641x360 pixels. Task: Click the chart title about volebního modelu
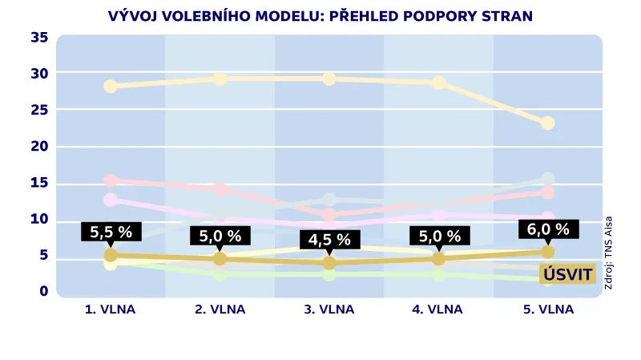pos(320,16)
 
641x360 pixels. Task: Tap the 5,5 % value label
pos(111,233)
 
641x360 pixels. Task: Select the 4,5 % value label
pos(329,240)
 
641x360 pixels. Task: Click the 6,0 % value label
pos(548,229)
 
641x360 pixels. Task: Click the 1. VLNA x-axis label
pos(111,309)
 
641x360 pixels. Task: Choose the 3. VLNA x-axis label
pos(329,309)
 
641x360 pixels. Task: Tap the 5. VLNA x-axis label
pos(548,309)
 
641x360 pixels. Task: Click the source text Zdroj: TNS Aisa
pos(609,253)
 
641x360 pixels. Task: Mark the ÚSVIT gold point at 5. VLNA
pos(548,252)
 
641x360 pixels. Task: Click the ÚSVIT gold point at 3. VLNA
pos(329,262)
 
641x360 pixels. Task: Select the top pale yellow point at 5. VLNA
pos(548,123)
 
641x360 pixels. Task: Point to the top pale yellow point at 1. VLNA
pos(111,86)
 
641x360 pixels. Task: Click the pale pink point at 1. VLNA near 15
pos(111,181)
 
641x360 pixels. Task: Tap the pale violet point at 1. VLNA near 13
pos(111,200)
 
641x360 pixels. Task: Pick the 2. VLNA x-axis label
pos(220,309)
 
